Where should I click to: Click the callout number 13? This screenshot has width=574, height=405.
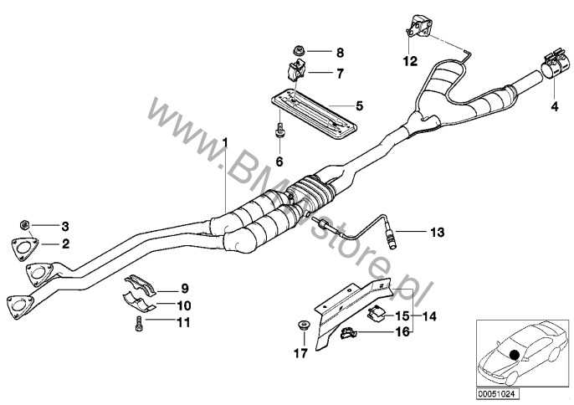437,232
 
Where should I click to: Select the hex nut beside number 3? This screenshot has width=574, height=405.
23,224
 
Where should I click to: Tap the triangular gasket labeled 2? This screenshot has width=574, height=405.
24,249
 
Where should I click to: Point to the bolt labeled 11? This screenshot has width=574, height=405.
138,324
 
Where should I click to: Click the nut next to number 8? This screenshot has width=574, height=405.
299,50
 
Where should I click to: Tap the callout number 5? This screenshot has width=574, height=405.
360,106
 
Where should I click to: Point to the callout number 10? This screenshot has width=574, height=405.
184,305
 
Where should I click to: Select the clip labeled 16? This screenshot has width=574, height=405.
349,333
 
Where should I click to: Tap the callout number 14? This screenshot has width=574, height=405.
430,316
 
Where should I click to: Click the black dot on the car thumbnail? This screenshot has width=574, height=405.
515,355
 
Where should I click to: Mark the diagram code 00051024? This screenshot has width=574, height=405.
498,394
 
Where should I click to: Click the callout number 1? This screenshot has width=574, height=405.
225,142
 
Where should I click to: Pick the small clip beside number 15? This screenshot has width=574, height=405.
376,314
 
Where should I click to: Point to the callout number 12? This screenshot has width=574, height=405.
410,61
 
